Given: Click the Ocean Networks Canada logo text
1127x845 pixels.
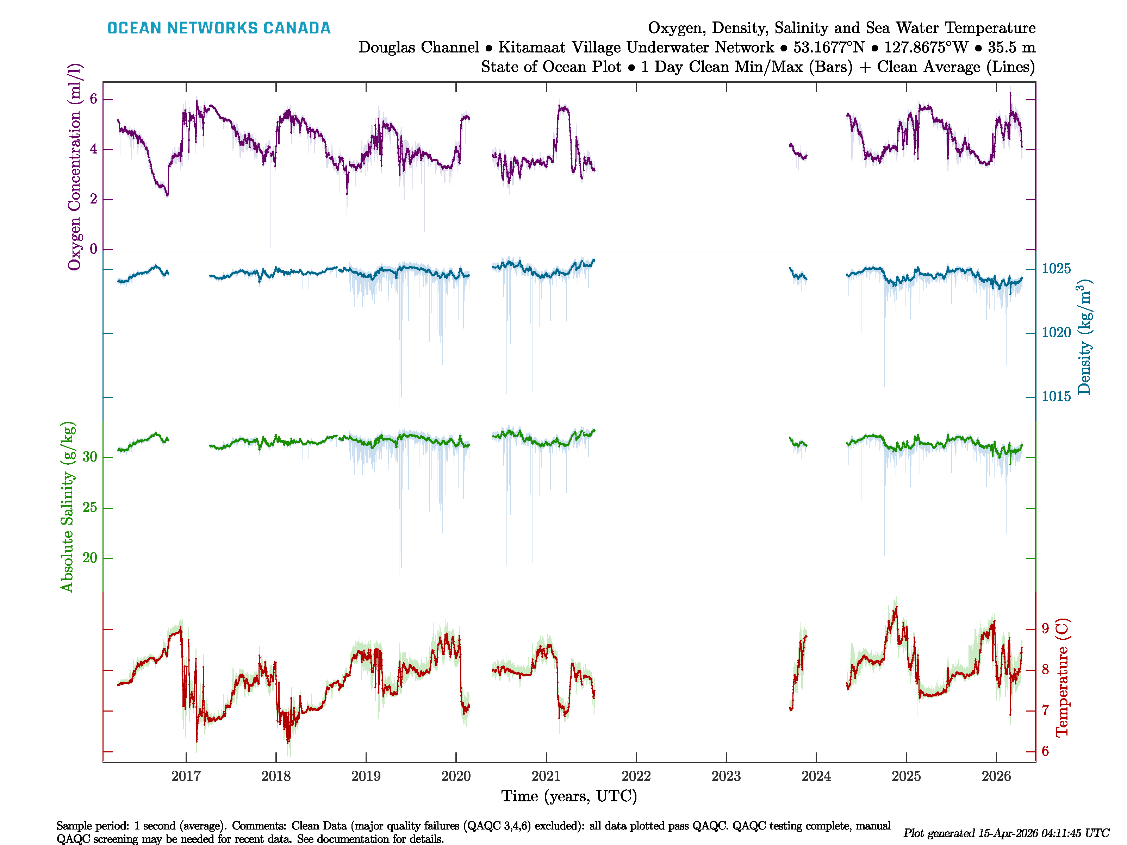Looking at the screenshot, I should click(x=219, y=28).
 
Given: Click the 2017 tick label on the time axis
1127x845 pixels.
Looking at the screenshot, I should click(x=186, y=776).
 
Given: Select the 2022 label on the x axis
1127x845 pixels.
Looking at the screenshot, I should click(x=636, y=776).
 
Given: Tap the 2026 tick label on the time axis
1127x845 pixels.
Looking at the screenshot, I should click(x=996, y=776).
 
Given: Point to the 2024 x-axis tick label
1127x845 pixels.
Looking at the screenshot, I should click(x=816, y=776).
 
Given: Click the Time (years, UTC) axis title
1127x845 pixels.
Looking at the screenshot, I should click(x=569, y=796).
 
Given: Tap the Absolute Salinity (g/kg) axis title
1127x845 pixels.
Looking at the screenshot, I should click(x=67, y=507).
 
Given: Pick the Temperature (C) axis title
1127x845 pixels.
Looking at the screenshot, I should click(x=1062, y=677).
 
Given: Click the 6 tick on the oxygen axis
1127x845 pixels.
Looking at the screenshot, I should click(x=93, y=99).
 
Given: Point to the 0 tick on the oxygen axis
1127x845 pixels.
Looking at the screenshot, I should click(x=93, y=249).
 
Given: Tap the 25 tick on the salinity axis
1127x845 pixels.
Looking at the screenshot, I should click(x=90, y=507).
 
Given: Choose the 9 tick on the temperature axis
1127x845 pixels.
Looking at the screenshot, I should click(x=1045, y=628).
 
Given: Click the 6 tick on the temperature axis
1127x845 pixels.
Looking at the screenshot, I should click(x=1045, y=751).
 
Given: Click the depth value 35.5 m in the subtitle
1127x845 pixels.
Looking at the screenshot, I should click(x=1011, y=48).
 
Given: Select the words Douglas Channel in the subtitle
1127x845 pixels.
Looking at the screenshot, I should click(x=418, y=48).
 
